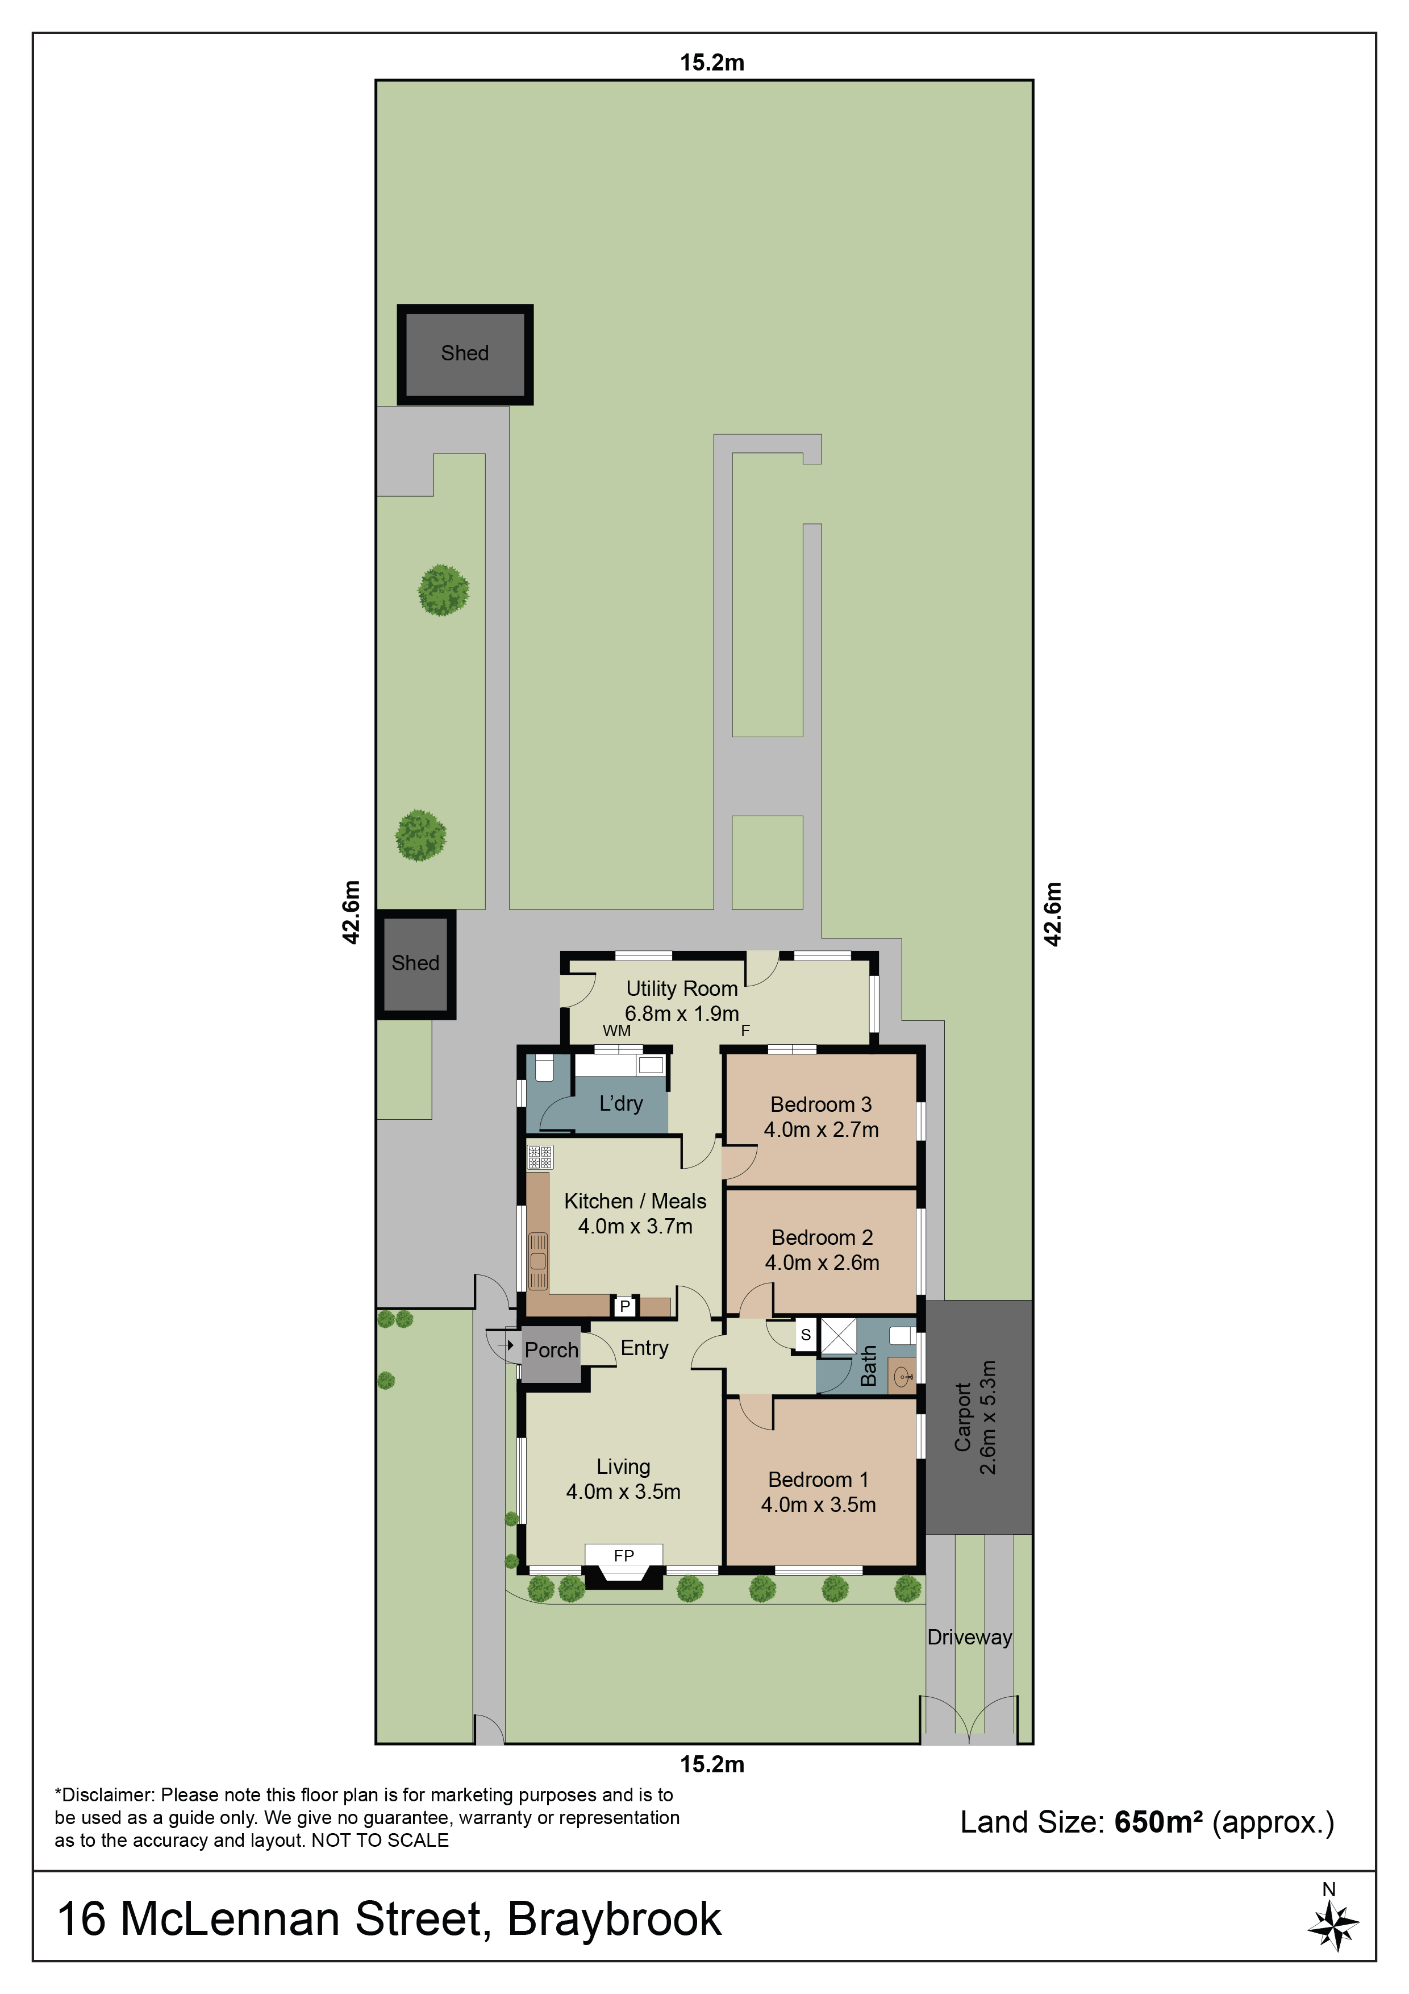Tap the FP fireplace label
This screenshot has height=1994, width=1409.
point(623,1555)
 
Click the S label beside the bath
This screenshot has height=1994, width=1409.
point(806,1335)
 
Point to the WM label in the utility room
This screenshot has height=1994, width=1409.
point(616,1031)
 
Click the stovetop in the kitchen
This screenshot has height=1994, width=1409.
point(540,1157)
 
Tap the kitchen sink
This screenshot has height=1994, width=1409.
point(538,1261)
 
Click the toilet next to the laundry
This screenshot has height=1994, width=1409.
point(544,1068)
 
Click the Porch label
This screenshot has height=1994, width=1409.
point(551,1349)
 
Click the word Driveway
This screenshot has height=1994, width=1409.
point(970,1637)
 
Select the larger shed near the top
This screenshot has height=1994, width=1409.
point(465,354)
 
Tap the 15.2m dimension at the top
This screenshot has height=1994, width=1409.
point(712,63)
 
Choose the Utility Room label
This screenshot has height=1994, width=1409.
point(682,988)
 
